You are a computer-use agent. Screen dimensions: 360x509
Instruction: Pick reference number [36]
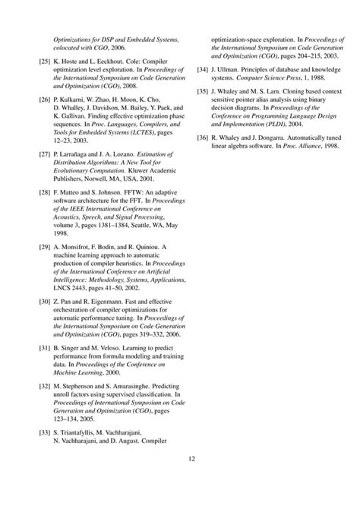(201, 138)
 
